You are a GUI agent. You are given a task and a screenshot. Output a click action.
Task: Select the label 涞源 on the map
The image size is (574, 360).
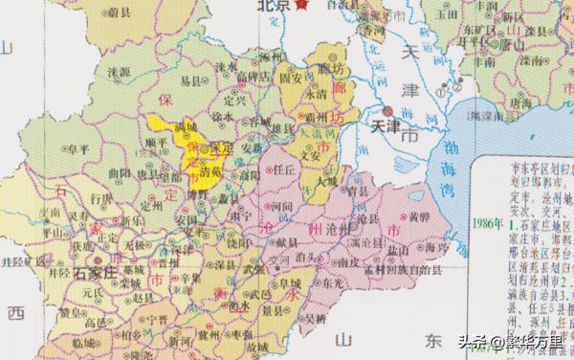point(119,72)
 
